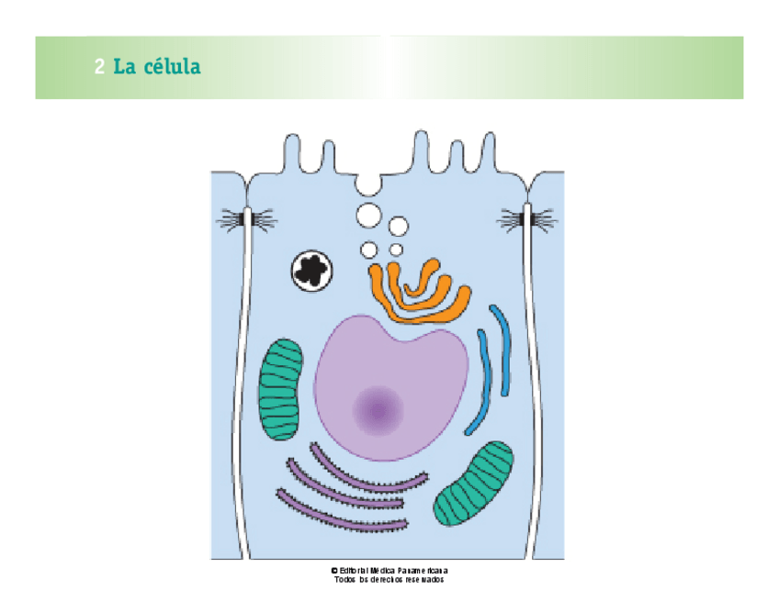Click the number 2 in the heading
click(x=99, y=67)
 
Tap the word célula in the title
click(x=171, y=66)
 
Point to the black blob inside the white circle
click(x=312, y=270)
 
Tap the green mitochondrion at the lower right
click(x=474, y=484)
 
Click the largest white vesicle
click(x=368, y=217)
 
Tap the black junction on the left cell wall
click(x=247, y=219)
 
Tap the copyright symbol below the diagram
click(x=334, y=570)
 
